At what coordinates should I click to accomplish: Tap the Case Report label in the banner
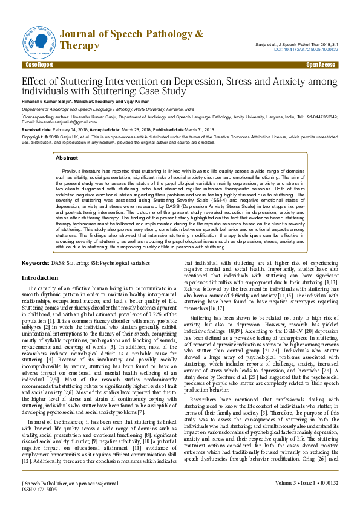coord(39,64)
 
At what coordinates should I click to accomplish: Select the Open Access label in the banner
coord(320,64)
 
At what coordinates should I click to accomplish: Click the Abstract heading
coord(67,157)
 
